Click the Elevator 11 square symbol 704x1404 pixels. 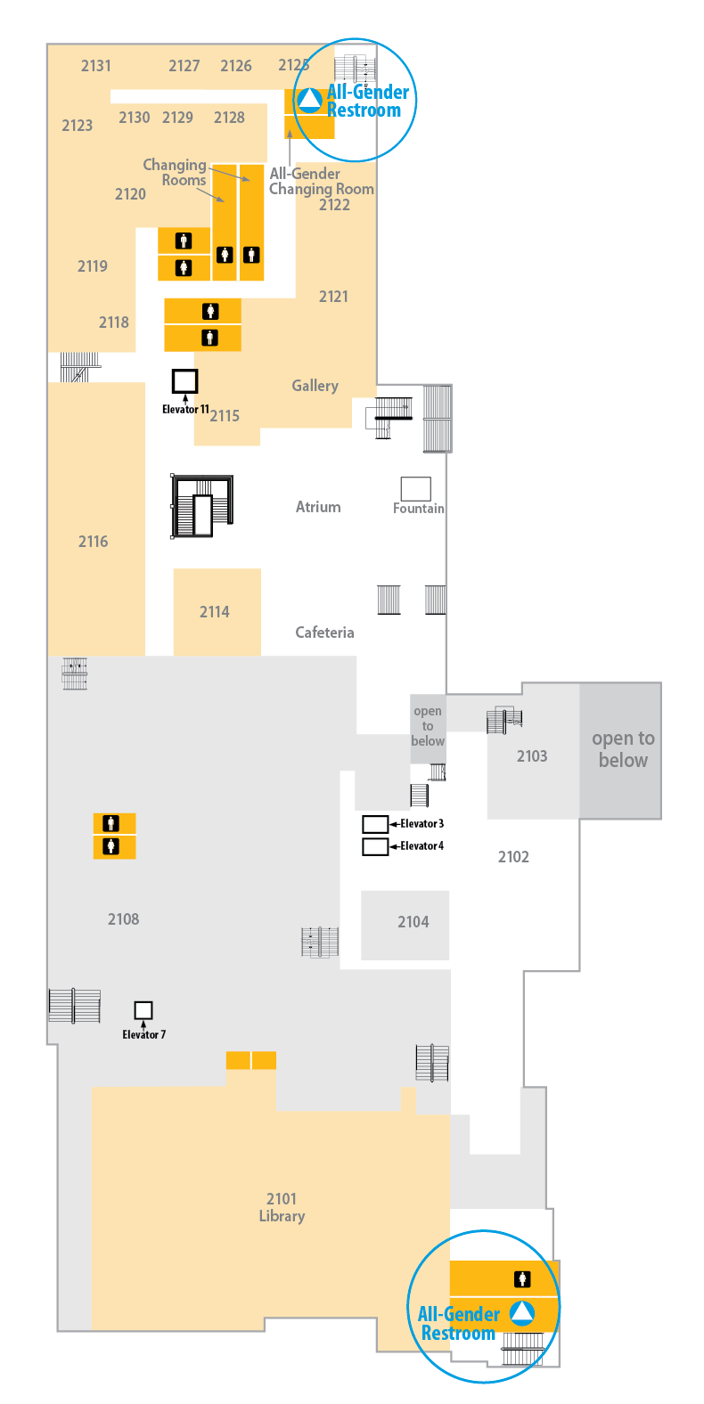(x=185, y=380)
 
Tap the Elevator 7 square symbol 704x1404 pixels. (x=143, y=1009)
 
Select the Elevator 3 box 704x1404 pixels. (x=375, y=823)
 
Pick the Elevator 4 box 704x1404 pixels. (x=375, y=846)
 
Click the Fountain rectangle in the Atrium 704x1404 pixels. (x=415, y=489)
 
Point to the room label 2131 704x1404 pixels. (x=96, y=66)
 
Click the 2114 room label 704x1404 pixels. (x=215, y=612)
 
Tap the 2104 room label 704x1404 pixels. (x=413, y=922)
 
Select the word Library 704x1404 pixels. (x=282, y=1217)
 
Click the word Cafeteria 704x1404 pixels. (x=324, y=633)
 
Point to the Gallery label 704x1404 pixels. (x=315, y=386)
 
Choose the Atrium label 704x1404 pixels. (x=318, y=507)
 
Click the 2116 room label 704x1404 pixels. (x=93, y=542)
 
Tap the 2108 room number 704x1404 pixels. (x=124, y=919)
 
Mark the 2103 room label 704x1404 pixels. (x=532, y=756)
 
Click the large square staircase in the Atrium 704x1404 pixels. (x=202, y=506)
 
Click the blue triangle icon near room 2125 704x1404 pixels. (x=309, y=101)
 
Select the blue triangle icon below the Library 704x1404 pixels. (x=522, y=1313)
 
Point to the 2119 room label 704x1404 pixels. (x=92, y=266)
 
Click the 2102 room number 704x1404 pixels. (x=513, y=857)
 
